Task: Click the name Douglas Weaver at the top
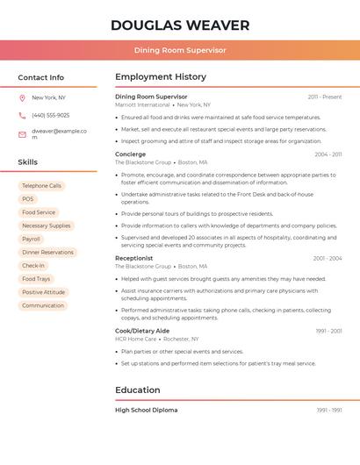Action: pos(180,25)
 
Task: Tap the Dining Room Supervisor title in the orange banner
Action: pos(180,50)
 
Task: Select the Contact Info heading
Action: pos(41,77)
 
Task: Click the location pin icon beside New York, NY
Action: pos(22,97)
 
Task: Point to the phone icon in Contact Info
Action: pos(22,115)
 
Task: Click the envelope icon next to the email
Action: pos(22,134)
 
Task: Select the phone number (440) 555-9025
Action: pos(50,115)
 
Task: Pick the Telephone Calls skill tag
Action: pos(41,186)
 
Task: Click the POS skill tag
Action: pos(28,199)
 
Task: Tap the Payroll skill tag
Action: pos(31,239)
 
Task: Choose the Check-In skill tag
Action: pos(33,265)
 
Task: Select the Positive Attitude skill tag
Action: pos(43,292)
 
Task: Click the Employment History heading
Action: pos(161,77)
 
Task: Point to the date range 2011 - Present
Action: pos(325,97)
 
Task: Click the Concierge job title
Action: pos(131,154)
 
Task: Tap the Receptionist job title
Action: pos(134,258)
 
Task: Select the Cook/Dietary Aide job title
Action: pos(142,331)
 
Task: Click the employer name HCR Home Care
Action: pos(135,339)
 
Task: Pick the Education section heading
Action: pos(138,390)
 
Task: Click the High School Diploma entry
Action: pos(146,410)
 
